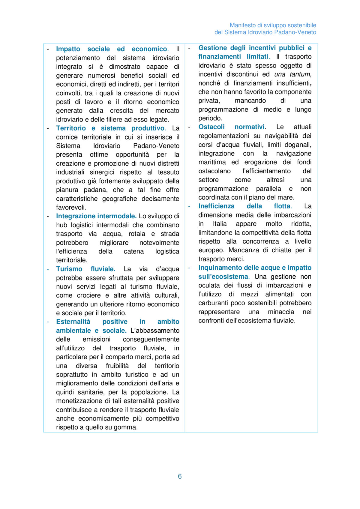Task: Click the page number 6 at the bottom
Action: click(x=180, y=476)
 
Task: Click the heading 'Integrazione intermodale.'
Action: click(x=96, y=216)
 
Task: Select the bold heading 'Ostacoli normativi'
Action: click(x=231, y=127)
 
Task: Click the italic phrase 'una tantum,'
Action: click(x=293, y=74)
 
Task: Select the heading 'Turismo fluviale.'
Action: click(x=85, y=269)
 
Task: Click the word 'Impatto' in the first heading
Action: click(x=68, y=49)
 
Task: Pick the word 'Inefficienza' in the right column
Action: click(x=216, y=206)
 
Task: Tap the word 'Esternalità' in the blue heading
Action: click(x=73, y=322)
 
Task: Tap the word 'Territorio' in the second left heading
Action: click(x=71, y=128)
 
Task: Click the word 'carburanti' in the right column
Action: click(x=213, y=303)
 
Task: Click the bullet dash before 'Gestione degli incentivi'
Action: click(x=189, y=48)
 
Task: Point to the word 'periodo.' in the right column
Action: click(x=210, y=118)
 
